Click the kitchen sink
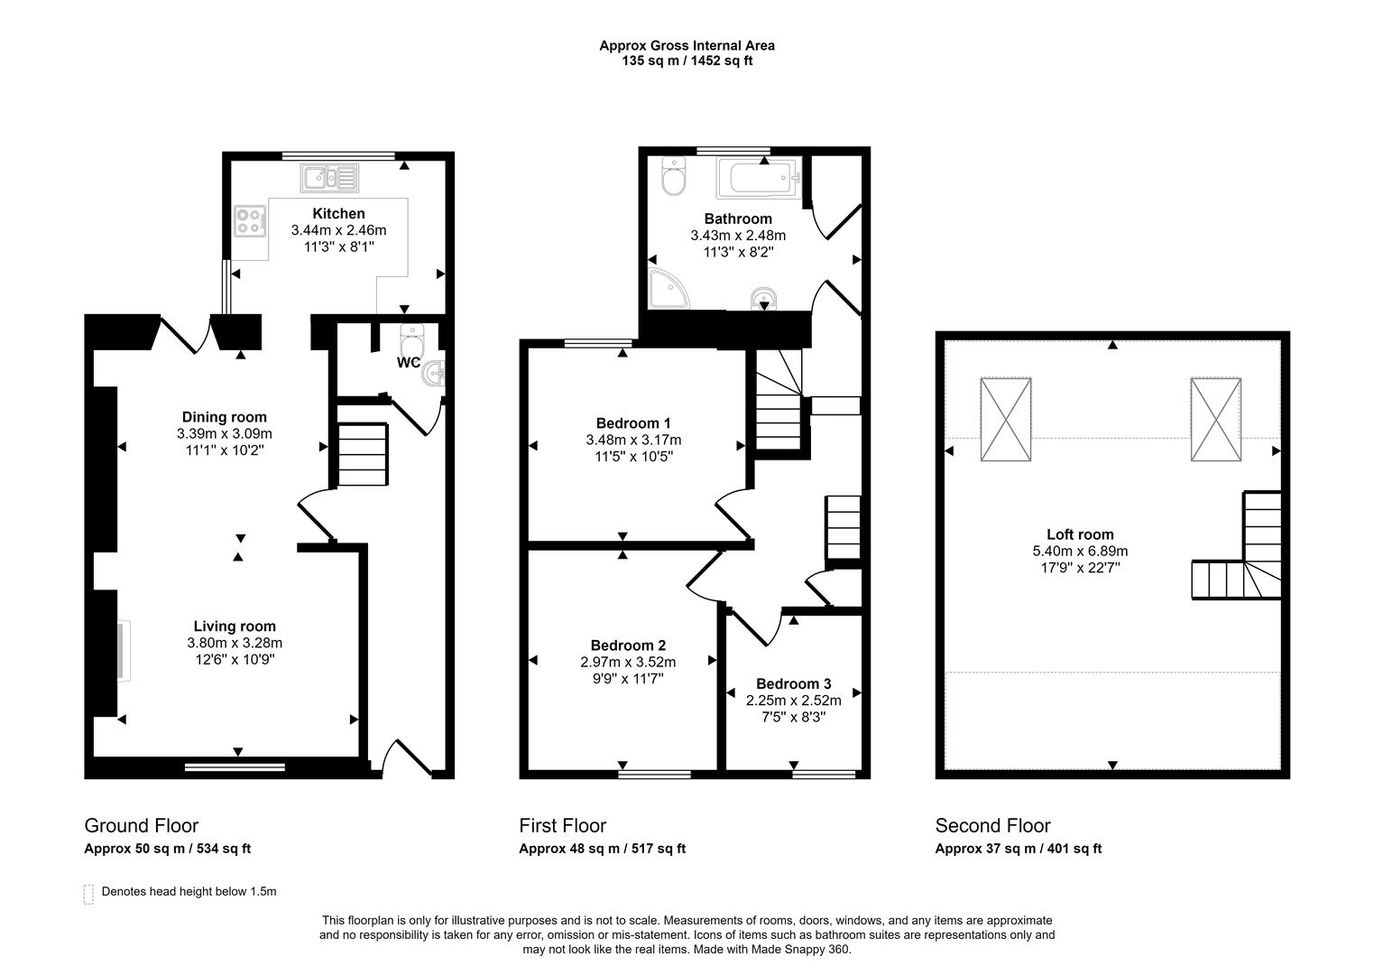click(330, 178)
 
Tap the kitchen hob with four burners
click(251, 221)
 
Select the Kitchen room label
click(338, 214)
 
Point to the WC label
click(409, 363)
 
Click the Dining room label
click(225, 417)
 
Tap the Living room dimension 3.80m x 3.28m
click(235, 643)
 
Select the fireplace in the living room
click(122, 650)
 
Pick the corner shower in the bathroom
click(668, 289)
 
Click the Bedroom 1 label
click(633, 423)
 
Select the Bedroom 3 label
click(793, 684)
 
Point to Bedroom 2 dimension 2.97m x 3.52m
click(628, 662)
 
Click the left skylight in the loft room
click(1005, 420)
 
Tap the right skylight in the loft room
click(1215, 420)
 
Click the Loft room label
click(1080, 534)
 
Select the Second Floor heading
click(992, 825)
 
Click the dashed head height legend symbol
click(88, 894)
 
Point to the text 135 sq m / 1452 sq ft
click(687, 61)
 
